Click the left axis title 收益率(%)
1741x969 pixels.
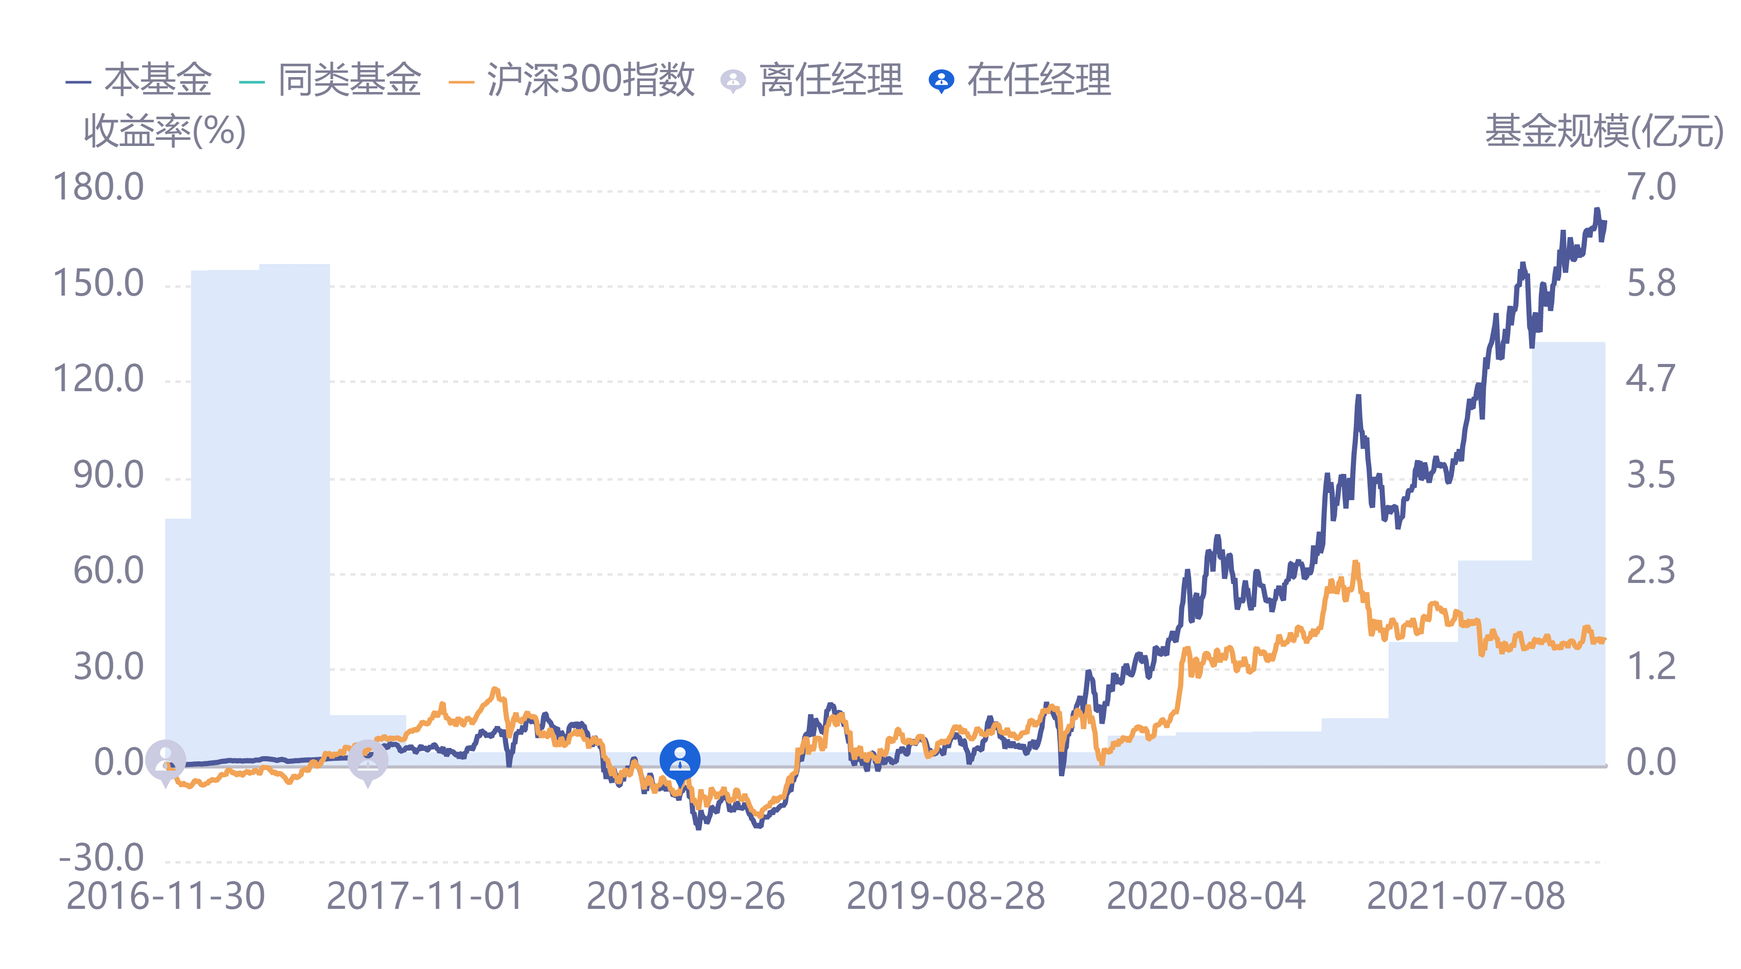[164, 131]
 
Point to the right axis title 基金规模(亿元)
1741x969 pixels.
[1603, 131]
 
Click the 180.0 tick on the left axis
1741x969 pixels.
[99, 187]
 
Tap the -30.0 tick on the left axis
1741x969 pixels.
[101, 858]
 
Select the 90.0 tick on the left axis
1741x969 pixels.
[108, 475]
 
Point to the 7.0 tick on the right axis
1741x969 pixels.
[1650, 187]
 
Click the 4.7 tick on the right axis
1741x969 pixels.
[1650, 378]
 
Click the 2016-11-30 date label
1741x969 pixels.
[166, 897]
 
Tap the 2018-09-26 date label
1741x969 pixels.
[685, 897]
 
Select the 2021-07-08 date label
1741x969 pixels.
[1465, 897]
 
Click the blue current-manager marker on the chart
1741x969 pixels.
[680, 760]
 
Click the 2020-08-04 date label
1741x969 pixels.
[1206, 897]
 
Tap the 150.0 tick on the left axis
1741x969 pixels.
[99, 283]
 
